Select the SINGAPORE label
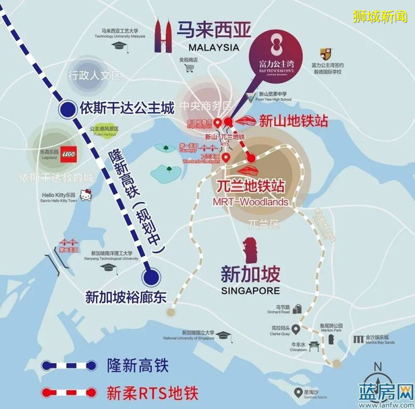(x=250, y=290)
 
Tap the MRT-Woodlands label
(x=250, y=202)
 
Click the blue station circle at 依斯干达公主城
(x=66, y=109)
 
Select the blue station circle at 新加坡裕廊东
(x=151, y=276)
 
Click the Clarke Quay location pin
(x=296, y=328)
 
